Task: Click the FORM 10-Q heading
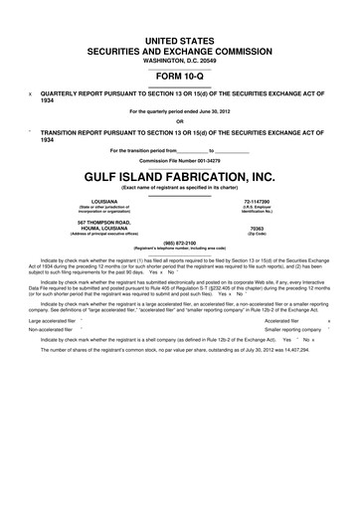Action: [180, 75]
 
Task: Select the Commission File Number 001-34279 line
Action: [180, 159]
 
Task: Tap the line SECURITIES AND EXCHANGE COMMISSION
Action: [180, 49]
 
